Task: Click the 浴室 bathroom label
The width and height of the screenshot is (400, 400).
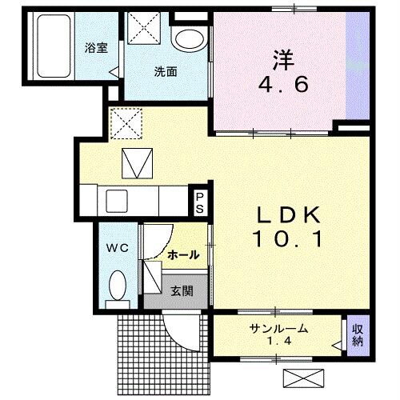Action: pos(96,47)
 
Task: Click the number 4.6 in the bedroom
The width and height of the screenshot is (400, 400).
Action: pos(282,84)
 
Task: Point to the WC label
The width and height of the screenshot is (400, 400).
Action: pos(117,248)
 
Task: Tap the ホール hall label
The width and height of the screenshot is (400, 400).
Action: pos(183,255)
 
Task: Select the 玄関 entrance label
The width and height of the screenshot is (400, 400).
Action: pos(182,291)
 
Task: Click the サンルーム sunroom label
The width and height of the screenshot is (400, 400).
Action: pos(278,329)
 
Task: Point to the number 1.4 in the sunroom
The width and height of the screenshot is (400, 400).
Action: pos(278,342)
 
